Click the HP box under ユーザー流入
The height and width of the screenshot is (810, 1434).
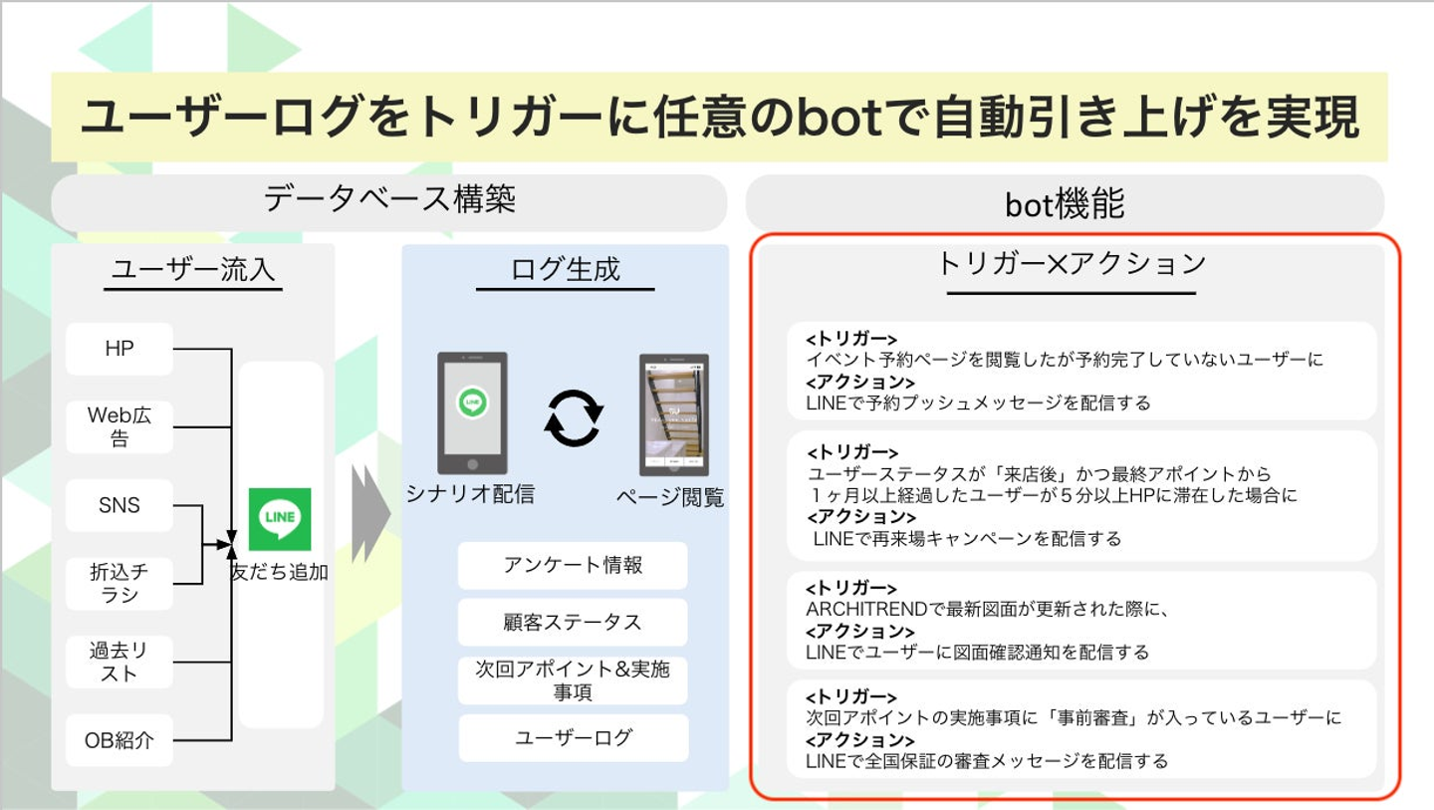(119, 349)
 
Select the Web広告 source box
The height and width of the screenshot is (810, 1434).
(119, 426)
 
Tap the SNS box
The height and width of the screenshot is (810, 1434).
(119, 505)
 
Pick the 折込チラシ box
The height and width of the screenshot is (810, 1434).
(119, 583)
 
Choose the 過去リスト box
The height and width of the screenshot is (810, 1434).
(119, 662)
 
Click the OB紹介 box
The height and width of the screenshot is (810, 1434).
(119, 740)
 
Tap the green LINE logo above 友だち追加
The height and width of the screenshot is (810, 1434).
(280, 519)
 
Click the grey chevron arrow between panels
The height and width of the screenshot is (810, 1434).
(371, 514)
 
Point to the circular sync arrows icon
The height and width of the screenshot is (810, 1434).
(574, 417)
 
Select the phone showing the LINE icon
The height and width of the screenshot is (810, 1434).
(472, 412)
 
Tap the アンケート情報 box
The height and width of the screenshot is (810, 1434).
(573, 565)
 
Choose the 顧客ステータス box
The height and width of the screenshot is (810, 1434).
(573, 623)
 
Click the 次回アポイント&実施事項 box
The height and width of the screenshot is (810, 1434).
(573, 680)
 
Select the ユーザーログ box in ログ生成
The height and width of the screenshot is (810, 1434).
(573, 738)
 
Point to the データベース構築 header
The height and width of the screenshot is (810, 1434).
(389, 200)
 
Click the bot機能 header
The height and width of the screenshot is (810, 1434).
(1065, 203)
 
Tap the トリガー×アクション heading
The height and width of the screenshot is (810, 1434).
(1072, 264)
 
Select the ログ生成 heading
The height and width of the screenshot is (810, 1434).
(565, 269)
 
